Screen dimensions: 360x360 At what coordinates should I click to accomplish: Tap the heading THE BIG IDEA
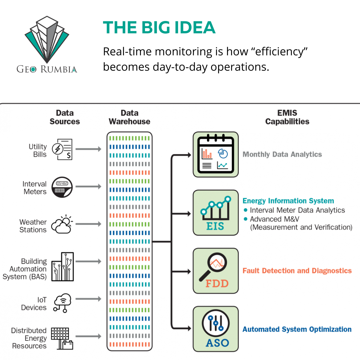(159, 28)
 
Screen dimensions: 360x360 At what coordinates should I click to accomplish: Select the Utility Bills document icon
(64, 149)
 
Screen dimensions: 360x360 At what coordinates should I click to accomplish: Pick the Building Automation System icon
(62, 266)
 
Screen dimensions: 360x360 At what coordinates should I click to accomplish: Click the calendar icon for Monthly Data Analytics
(216, 154)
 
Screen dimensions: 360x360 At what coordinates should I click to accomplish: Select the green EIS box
(216, 213)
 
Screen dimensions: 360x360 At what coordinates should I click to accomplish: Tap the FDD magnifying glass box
(216, 271)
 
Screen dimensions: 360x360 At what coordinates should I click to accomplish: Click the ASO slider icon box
(216, 329)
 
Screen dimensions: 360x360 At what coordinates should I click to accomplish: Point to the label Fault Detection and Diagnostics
(297, 271)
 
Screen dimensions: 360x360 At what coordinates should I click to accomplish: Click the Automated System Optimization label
(297, 329)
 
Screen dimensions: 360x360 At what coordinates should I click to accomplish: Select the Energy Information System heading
(288, 201)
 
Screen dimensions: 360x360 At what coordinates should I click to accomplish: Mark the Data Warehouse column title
(129, 117)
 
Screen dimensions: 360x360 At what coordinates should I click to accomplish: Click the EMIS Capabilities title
(287, 117)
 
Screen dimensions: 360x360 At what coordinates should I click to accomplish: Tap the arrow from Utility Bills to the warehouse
(88, 149)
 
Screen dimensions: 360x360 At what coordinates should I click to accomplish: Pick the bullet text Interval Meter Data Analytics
(297, 210)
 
